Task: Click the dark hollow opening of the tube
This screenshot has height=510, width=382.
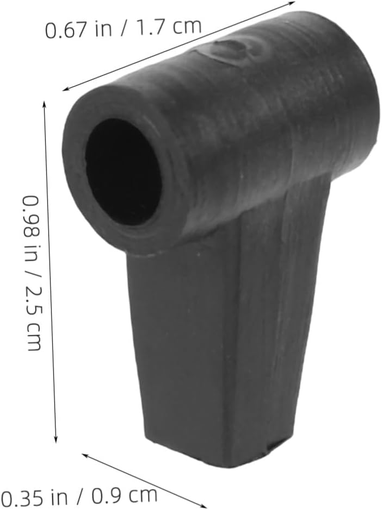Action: pos(122,171)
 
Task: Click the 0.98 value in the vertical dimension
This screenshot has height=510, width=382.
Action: pos(32,213)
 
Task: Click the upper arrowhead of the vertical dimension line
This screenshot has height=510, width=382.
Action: pos(44,105)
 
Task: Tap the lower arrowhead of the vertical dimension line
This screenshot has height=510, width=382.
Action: pos(56,438)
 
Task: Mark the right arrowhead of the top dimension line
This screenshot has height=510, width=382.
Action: pos(291,4)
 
